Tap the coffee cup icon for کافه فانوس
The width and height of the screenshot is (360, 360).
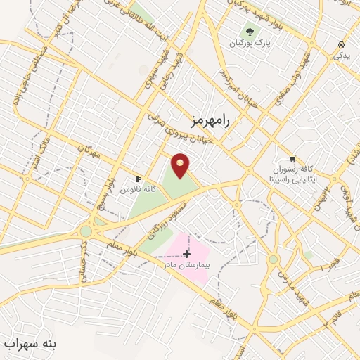(x=139, y=179)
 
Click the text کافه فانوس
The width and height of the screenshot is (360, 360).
(x=134, y=190)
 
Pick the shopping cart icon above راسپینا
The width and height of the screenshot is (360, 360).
(x=293, y=158)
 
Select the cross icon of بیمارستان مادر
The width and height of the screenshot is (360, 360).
(x=186, y=252)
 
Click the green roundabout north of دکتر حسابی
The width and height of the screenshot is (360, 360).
(x=86, y=230)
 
